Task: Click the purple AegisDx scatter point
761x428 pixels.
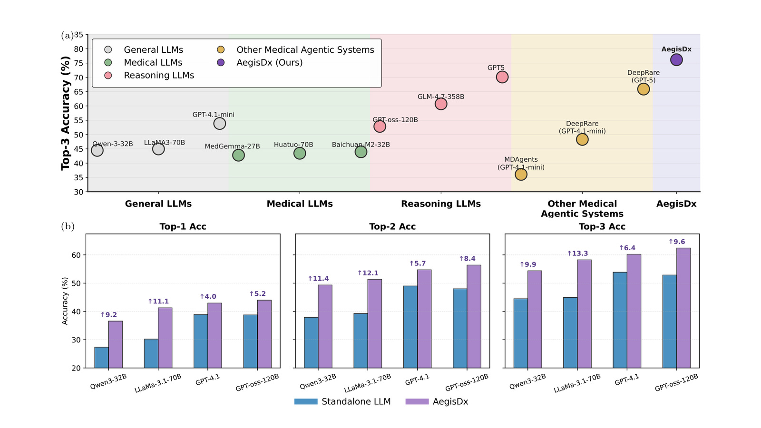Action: click(676, 60)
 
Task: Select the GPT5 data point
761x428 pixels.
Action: click(502, 77)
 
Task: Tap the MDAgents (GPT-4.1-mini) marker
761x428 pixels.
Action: click(521, 175)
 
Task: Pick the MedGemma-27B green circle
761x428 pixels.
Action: click(238, 155)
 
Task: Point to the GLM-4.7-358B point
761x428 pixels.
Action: click(440, 104)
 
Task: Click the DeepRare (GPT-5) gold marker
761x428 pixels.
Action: click(643, 89)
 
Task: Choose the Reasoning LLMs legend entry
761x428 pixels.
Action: click(149, 76)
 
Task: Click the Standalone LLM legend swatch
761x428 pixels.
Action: click(306, 401)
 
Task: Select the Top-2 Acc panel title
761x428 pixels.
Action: click(392, 226)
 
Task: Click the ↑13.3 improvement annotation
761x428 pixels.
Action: click(577, 253)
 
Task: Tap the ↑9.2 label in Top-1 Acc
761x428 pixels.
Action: click(108, 314)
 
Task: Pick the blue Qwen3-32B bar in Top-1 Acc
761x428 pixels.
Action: click(102, 357)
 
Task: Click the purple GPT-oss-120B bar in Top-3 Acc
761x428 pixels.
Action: click(683, 308)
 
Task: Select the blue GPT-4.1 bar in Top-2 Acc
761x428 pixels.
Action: click(410, 327)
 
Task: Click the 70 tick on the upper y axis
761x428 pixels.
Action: click(78, 78)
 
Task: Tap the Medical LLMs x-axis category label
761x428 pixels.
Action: click(300, 204)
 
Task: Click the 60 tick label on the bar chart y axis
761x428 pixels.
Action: click(77, 255)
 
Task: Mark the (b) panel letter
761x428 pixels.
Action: click(68, 226)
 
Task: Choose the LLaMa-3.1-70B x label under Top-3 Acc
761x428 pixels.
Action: click(577, 383)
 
